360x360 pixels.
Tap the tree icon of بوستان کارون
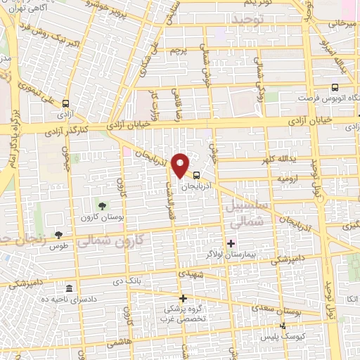click(103, 206)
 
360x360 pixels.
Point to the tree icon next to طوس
click(58, 235)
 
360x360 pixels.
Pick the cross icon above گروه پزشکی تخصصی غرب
click(182, 298)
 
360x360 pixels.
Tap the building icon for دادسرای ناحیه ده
click(69, 289)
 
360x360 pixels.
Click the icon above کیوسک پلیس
click(283, 326)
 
